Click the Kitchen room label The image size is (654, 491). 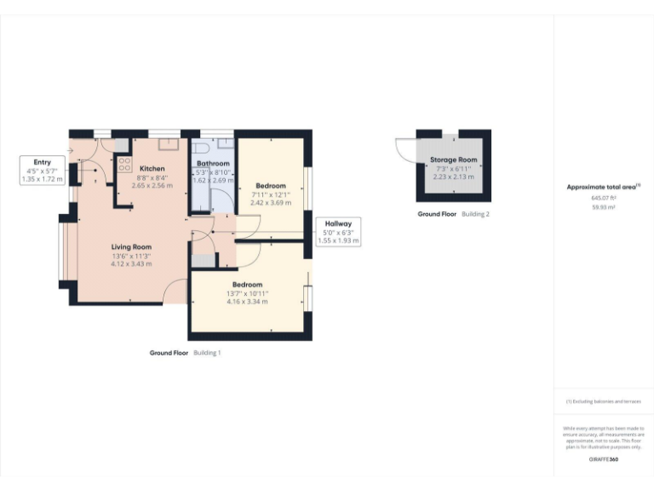coord(152,169)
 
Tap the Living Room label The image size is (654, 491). coord(130,247)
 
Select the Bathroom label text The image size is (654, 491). coord(213,163)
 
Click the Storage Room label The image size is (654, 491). coord(453,159)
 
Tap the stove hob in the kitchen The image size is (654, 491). coord(123,164)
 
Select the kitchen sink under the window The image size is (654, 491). coord(167,143)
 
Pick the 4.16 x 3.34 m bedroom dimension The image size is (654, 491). coord(247,301)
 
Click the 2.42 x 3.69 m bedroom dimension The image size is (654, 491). coord(271,203)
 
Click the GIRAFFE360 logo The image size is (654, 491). coord(604,459)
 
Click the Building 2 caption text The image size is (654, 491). coord(475,214)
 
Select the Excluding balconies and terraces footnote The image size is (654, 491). coord(604,401)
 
